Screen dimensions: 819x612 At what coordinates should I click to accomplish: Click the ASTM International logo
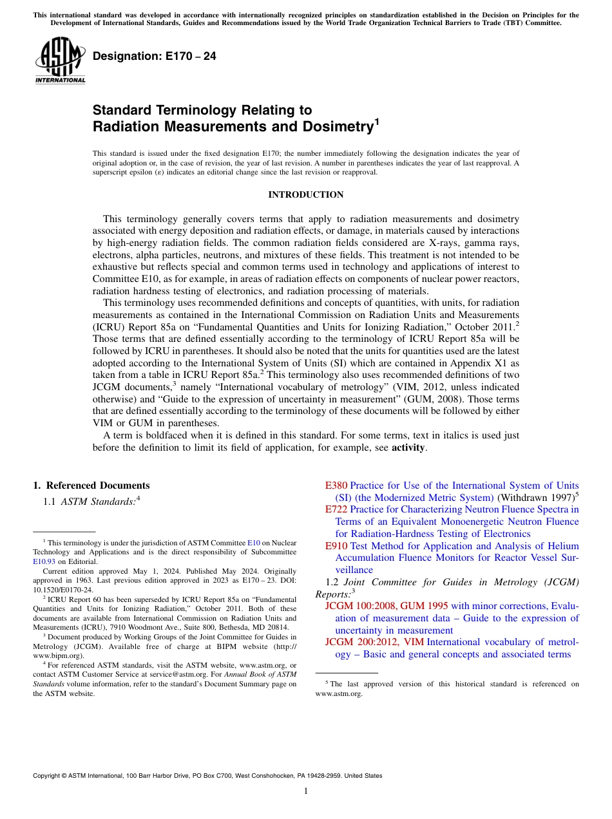(60, 61)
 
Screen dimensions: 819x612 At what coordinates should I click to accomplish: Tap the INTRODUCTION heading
(305, 194)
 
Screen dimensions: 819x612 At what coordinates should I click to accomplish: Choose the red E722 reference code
(336, 509)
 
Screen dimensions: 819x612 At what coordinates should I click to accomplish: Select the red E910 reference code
(336, 546)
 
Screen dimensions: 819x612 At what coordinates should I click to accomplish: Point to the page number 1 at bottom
(306, 791)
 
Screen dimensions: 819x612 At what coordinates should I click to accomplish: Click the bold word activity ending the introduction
(408, 447)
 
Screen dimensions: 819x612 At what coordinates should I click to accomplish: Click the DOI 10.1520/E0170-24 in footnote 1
(64, 589)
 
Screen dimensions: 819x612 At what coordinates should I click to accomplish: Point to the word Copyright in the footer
(47, 776)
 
